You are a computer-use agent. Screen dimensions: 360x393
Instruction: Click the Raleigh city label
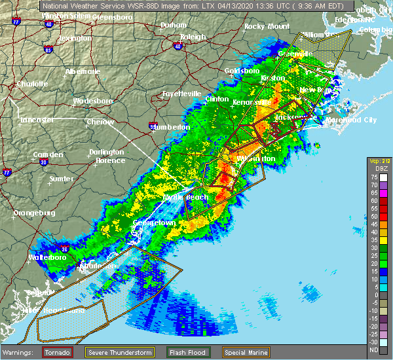tap(193, 37)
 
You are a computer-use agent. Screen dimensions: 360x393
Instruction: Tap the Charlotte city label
tap(32, 84)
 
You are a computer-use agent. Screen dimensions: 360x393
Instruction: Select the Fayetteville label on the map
tap(181, 94)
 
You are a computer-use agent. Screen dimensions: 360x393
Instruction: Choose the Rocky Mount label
tap(267, 26)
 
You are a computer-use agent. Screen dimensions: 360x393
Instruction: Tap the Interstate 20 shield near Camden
tap(43, 162)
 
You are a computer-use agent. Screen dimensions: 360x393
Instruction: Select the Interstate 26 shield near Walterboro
tap(65, 249)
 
